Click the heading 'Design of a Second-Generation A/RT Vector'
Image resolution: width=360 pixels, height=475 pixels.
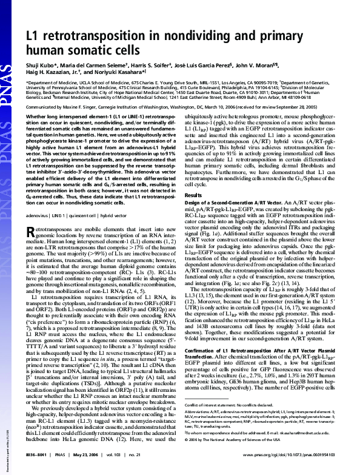coord(236,202)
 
